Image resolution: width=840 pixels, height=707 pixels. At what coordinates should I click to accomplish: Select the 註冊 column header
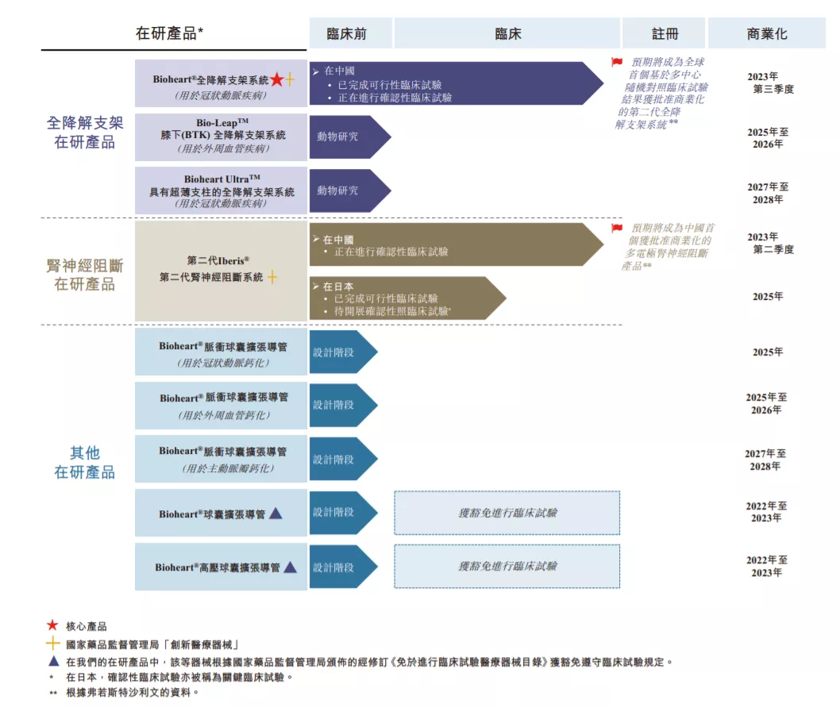click(664, 33)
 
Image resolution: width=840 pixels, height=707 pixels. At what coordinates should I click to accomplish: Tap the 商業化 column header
click(767, 33)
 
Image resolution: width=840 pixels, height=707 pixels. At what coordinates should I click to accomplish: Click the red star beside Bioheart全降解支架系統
click(277, 79)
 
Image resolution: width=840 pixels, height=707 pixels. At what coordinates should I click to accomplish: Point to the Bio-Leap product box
click(221, 136)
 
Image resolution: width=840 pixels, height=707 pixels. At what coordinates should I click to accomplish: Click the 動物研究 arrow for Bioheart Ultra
click(350, 190)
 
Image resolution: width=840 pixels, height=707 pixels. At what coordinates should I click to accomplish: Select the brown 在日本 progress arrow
click(407, 298)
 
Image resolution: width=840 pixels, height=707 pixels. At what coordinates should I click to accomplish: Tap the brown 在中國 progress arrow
click(457, 244)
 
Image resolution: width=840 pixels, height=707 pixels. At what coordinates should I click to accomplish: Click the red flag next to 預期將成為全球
click(617, 62)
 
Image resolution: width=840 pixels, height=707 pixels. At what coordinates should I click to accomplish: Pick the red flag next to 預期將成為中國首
click(617, 229)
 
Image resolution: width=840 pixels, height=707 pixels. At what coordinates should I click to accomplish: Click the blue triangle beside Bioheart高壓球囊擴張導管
click(290, 567)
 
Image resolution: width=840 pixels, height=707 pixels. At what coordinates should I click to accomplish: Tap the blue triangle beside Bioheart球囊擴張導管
click(276, 513)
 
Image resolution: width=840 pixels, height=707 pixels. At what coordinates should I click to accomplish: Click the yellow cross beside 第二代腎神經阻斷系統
click(272, 277)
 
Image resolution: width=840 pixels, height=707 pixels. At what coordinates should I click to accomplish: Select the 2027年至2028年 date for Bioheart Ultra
click(768, 194)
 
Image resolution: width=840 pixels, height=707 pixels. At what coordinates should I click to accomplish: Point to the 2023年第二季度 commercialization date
click(770, 243)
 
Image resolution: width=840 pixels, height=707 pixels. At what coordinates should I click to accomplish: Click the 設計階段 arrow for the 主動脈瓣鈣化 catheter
click(344, 459)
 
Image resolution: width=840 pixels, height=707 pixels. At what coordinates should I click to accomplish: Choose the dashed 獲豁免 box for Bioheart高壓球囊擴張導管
click(507, 566)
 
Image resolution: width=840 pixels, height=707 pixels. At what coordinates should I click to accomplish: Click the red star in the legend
click(52, 625)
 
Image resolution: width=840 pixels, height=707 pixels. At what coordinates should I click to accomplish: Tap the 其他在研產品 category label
click(85, 463)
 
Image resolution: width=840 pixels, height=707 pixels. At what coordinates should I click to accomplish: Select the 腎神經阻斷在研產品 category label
click(85, 275)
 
